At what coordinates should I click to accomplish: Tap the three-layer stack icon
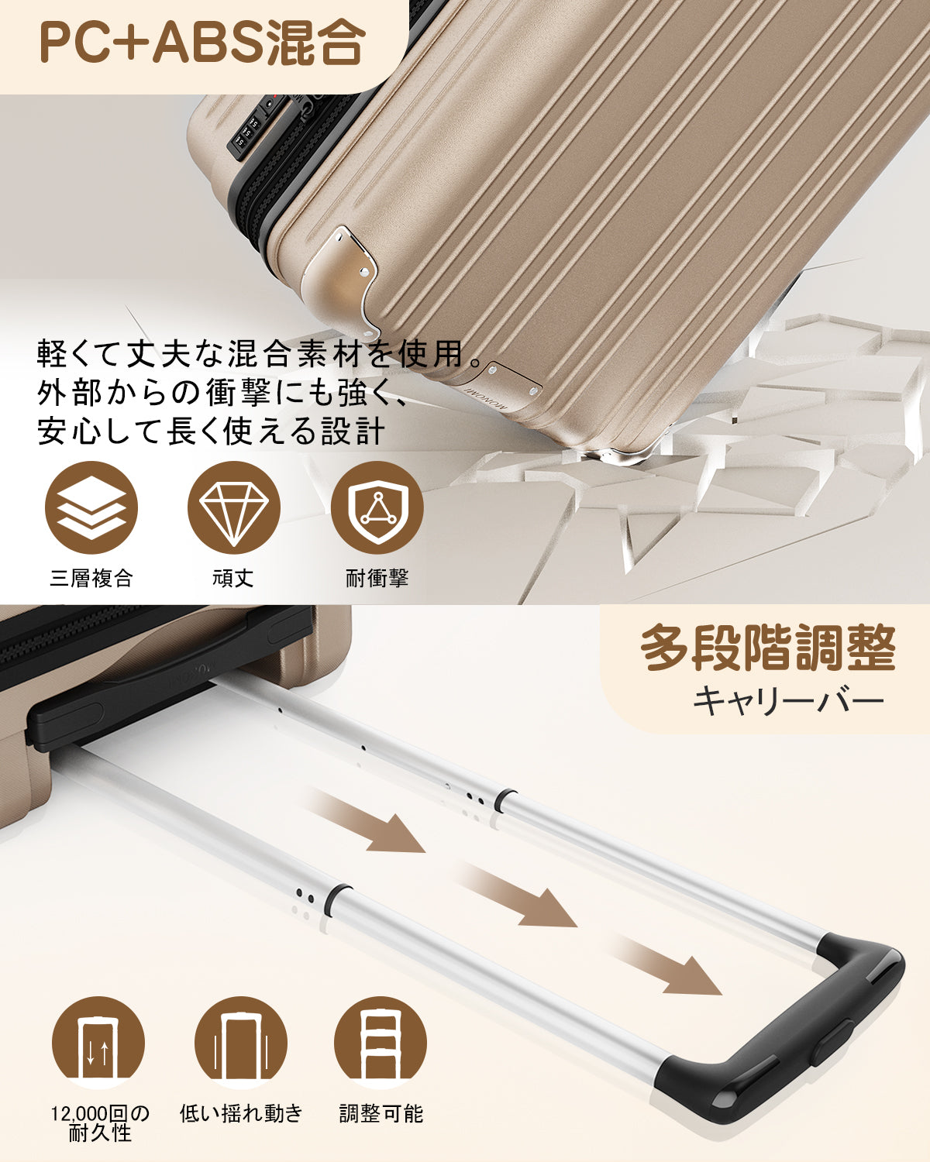(x=91, y=507)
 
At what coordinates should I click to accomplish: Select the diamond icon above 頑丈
(x=234, y=507)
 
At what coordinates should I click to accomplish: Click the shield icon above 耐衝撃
(x=377, y=507)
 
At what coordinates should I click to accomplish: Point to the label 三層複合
(x=91, y=578)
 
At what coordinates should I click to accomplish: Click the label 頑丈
(x=233, y=578)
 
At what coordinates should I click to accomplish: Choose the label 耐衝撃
(x=377, y=578)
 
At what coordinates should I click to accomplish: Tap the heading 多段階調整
(x=767, y=649)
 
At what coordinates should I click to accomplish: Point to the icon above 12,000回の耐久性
(x=98, y=1043)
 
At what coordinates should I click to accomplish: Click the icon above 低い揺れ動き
(x=241, y=1043)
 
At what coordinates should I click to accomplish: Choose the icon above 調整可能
(x=381, y=1043)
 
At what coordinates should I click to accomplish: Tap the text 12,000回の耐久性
(x=100, y=1123)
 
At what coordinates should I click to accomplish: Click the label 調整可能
(x=381, y=1114)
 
